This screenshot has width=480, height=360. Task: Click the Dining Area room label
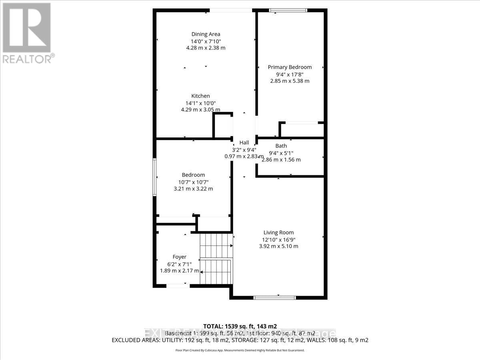(206, 34)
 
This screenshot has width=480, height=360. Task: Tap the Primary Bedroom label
(290, 67)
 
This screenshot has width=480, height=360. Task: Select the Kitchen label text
(200, 96)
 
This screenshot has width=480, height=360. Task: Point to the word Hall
(244, 143)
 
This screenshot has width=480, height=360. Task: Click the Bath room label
(281, 146)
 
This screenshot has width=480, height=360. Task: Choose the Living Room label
(278, 232)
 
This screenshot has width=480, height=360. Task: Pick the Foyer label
(179, 257)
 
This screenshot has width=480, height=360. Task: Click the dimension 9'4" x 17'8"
(290, 74)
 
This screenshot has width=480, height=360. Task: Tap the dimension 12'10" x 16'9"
(278, 239)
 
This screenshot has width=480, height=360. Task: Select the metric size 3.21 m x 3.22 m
(193, 188)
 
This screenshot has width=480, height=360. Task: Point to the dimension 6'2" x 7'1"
(179, 264)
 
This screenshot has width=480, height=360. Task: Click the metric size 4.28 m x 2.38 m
(206, 48)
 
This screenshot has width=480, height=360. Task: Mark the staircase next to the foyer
(216, 258)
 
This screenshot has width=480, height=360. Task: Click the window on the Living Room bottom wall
(275, 297)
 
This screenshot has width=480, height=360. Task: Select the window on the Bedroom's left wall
(154, 177)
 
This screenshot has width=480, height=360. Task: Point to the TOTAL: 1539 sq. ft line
(240, 326)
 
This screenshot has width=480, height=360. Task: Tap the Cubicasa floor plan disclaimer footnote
(240, 350)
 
